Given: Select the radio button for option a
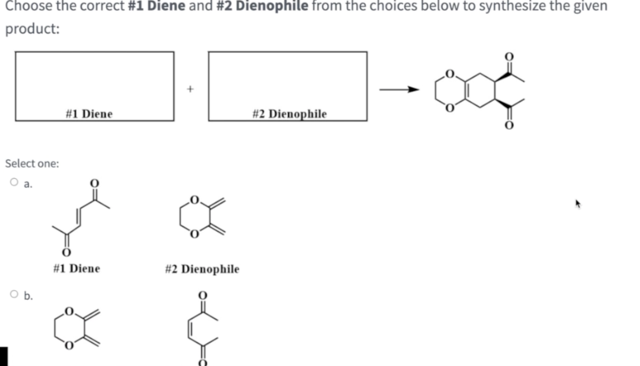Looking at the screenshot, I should click(14, 182).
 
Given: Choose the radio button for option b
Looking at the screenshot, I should click(14, 294).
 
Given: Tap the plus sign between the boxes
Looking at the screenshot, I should click(191, 89).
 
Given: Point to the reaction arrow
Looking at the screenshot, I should click(399, 90).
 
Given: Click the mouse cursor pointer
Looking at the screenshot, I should click(577, 203).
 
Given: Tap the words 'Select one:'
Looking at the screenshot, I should click(32, 164).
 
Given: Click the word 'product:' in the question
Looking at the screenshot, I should click(32, 29).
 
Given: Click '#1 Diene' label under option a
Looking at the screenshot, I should click(77, 268).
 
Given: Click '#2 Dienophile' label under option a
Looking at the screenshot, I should click(202, 269).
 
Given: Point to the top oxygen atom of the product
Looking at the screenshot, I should click(509, 57).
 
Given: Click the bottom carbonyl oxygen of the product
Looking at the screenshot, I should click(509, 125).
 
